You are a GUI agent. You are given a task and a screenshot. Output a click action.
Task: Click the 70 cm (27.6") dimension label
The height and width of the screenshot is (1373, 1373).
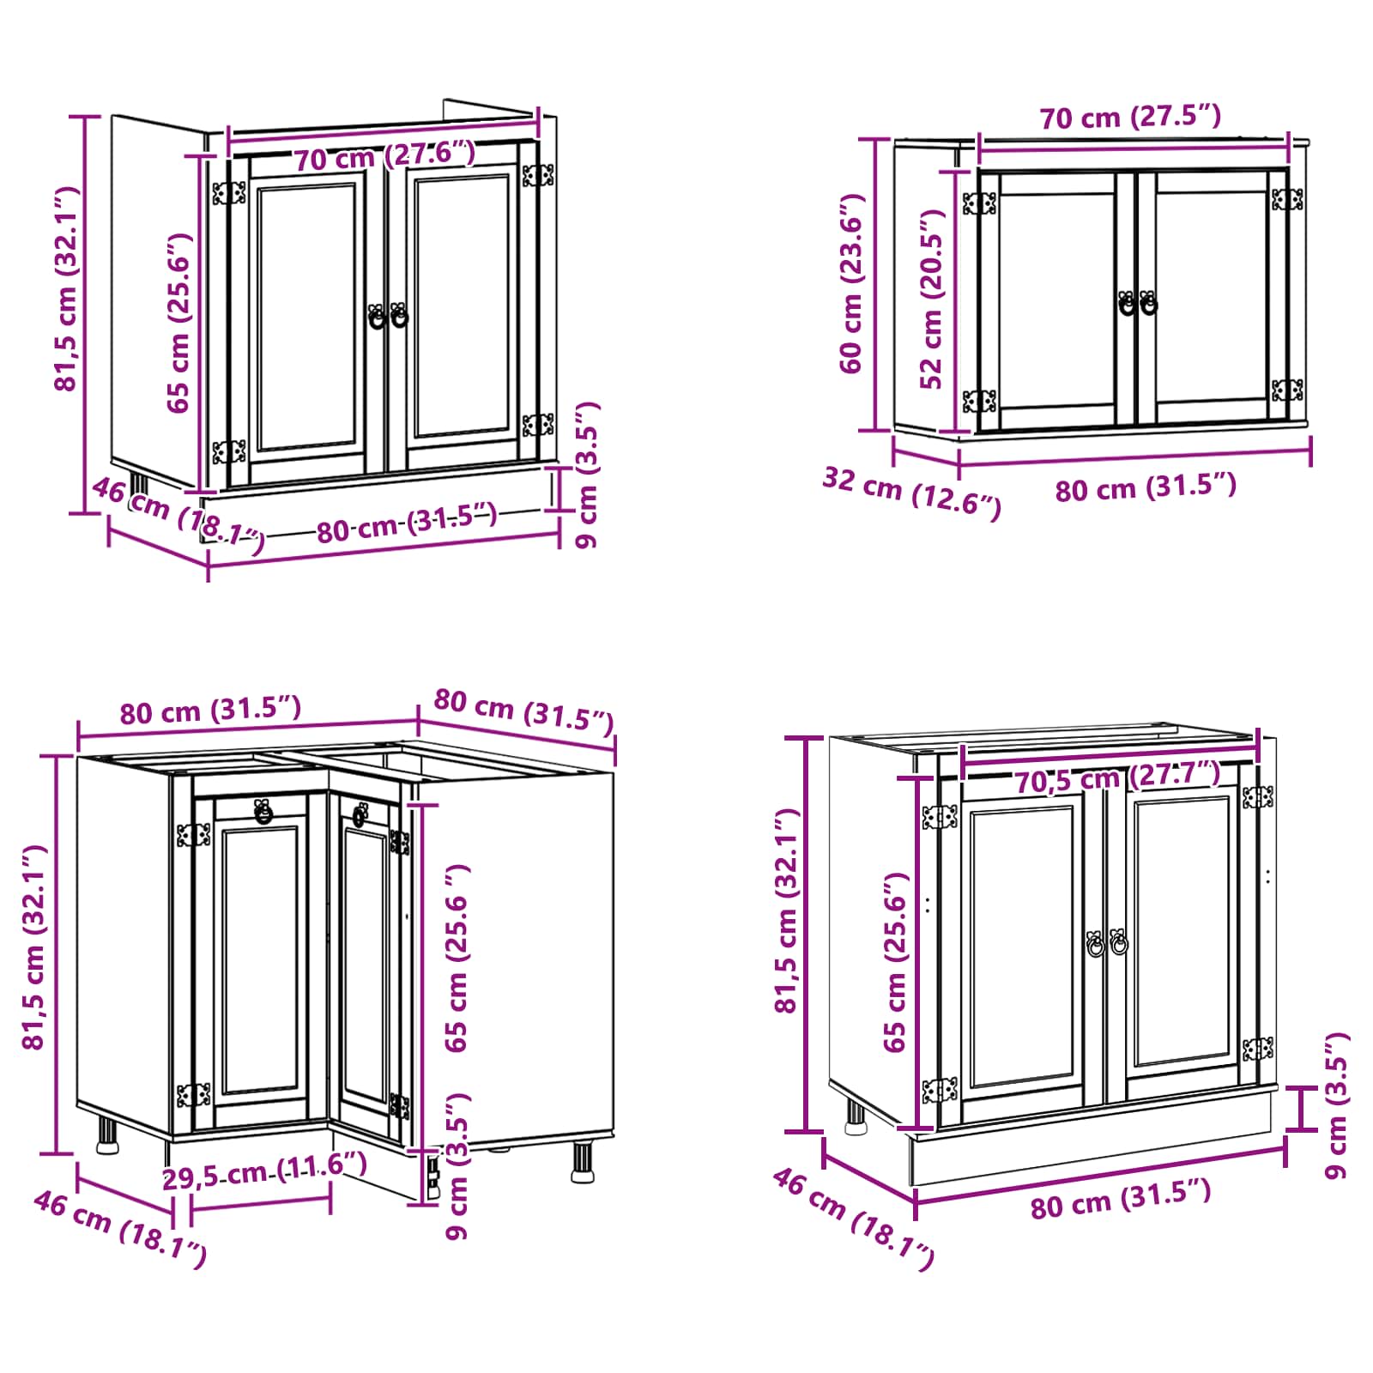(x=384, y=155)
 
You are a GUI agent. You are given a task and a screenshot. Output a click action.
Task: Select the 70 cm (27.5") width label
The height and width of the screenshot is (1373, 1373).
(x=1130, y=116)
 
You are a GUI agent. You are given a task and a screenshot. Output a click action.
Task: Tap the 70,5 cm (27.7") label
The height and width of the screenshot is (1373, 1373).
(x=1118, y=777)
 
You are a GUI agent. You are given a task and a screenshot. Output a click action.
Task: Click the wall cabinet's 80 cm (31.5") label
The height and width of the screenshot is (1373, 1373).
(x=1146, y=487)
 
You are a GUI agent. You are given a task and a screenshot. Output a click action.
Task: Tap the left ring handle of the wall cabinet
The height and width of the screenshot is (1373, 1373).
(x=1127, y=303)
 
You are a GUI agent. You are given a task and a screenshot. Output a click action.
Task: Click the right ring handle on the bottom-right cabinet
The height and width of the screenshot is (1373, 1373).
(x=1118, y=942)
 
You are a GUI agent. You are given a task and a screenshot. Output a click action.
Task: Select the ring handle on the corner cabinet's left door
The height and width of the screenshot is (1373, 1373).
(x=263, y=811)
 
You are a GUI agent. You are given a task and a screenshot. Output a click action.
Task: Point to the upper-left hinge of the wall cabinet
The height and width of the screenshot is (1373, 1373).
(x=979, y=203)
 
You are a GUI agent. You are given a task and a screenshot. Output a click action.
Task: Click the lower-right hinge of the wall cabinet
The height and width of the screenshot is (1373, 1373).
(x=1287, y=390)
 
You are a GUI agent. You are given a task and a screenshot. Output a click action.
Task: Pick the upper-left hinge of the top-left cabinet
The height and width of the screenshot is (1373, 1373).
(x=229, y=193)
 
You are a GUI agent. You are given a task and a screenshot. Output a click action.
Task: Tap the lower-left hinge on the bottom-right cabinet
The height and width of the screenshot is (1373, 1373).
(x=940, y=1091)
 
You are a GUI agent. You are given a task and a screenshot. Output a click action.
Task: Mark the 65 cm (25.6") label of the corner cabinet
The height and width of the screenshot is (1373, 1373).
(x=457, y=958)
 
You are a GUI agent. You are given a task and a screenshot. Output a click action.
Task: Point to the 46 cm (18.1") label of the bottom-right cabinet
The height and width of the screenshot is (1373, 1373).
(x=853, y=1219)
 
